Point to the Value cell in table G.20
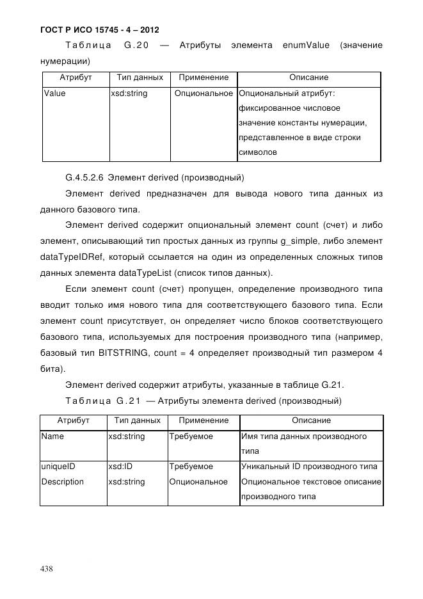coord(54,93)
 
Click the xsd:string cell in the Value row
coord(129,93)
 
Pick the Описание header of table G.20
coord(308,77)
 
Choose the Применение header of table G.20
coord(203,77)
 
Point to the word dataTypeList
coord(135,273)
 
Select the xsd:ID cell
coord(121,467)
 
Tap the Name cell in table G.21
coord(52,436)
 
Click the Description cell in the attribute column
coord(62,481)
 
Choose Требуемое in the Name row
coord(191,436)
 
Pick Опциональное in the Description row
coord(198,481)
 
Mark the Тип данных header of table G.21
coord(137,420)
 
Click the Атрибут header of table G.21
coord(73,420)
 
